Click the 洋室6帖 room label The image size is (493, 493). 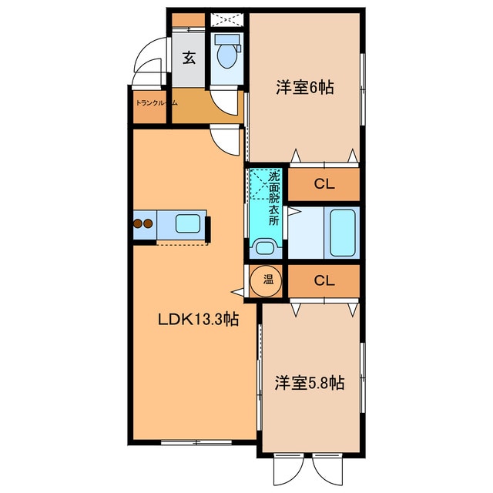(305, 88)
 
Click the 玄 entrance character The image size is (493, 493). (189, 56)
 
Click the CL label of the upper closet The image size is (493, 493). (324, 185)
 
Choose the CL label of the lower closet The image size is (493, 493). (324, 281)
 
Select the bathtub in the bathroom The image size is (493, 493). (343, 233)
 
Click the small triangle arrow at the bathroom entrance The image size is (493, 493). (293, 210)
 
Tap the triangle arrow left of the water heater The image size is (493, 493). (236, 292)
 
